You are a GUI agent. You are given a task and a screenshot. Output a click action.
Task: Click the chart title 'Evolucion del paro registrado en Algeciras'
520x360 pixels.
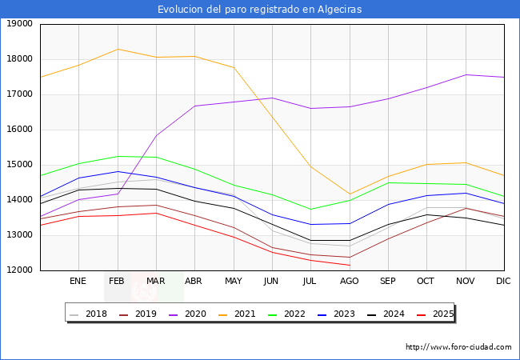coord(259,10)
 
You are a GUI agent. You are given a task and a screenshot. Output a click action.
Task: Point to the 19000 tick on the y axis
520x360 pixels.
coord(19,24)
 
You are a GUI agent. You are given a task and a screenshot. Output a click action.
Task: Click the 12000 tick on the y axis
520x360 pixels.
coord(19,270)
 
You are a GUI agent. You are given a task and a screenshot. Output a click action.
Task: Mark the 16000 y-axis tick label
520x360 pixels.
coord(19,130)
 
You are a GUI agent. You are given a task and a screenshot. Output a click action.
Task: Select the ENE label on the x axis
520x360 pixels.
coord(78,282)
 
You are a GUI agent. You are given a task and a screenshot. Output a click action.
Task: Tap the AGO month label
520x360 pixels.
coord(350,282)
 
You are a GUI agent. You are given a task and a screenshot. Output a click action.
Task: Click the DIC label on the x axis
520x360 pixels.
coord(503,282)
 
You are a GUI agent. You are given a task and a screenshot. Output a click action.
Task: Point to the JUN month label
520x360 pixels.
coord(271,282)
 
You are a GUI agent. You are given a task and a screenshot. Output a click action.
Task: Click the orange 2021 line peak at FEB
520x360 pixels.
coord(118,49)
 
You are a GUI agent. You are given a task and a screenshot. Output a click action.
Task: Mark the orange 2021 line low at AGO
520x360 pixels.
coord(350,194)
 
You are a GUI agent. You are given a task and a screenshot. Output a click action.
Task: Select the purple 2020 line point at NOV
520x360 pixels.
coord(466,74)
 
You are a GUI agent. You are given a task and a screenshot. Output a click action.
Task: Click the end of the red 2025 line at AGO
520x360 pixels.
coord(350,265)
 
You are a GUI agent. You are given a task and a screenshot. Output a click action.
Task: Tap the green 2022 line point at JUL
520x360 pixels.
coord(310,210)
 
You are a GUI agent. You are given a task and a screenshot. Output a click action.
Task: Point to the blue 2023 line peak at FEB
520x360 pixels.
coord(118,171)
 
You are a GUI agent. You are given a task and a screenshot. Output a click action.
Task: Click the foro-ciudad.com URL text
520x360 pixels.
coord(458,347)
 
